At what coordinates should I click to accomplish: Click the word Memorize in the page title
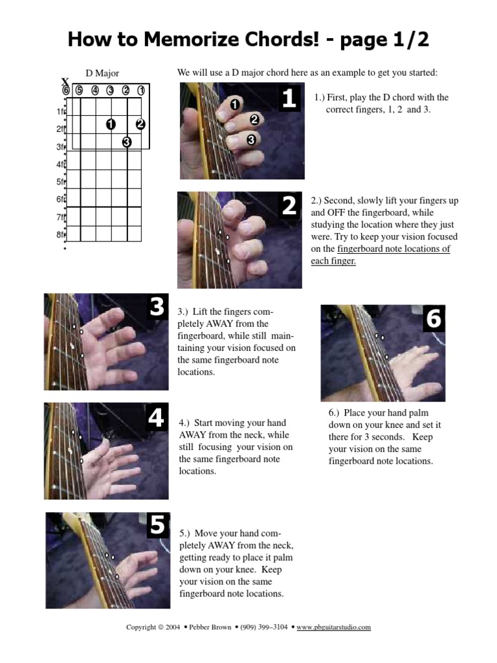tap(193, 41)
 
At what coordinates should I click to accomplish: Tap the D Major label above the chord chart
tap(102, 74)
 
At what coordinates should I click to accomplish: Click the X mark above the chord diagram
tap(65, 82)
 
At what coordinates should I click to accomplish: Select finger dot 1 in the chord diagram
tap(111, 124)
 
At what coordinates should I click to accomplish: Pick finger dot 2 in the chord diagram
tap(141, 124)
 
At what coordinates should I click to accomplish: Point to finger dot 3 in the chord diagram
tap(126, 141)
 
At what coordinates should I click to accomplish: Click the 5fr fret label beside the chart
tap(61, 182)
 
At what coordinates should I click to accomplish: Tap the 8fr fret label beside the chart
tap(61, 234)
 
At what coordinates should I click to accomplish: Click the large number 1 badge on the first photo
tap(289, 98)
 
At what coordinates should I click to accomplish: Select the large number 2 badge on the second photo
tap(289, 206)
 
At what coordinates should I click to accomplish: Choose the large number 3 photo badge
tap(156, 308)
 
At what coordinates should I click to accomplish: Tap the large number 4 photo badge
tap(156, 418)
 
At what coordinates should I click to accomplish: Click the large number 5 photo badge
tap(157, 526)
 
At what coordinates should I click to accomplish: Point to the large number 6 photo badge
tap(433, 319)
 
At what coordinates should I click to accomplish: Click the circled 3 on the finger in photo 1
tap(251, 139)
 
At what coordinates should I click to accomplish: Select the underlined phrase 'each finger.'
tap(333, 261)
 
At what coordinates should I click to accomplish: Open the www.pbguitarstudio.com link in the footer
tap(334, 627)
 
